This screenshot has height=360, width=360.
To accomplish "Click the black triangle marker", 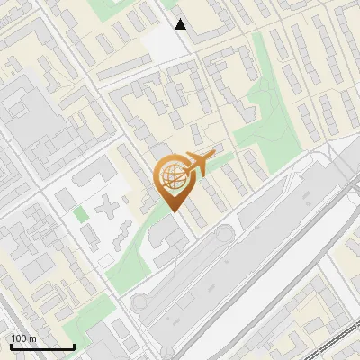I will pos(181,24).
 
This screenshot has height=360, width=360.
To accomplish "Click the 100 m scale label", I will pos(23,338).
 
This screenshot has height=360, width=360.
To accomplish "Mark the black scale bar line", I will pos(41,346).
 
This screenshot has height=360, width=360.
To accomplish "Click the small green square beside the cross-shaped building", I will pos(81,214).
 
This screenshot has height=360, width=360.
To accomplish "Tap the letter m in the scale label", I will pos(31,338).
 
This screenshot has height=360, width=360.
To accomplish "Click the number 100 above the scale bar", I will pos(19,338).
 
